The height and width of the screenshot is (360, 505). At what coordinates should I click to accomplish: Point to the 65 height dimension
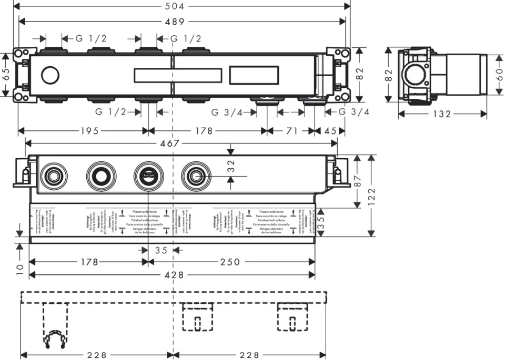[6, 74]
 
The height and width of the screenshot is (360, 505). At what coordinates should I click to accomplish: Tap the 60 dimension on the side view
[498, 74]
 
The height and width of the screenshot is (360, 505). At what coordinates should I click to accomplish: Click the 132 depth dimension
[441, 114]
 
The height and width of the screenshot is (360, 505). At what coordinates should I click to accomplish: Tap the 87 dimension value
[358, 181]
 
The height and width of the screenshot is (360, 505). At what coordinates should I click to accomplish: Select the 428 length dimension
[173, 275]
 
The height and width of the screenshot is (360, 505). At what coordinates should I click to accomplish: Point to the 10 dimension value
[19, 270]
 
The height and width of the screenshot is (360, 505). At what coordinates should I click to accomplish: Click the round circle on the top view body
[50, 76]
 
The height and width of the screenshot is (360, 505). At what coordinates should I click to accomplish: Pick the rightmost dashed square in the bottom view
[292, 317]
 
